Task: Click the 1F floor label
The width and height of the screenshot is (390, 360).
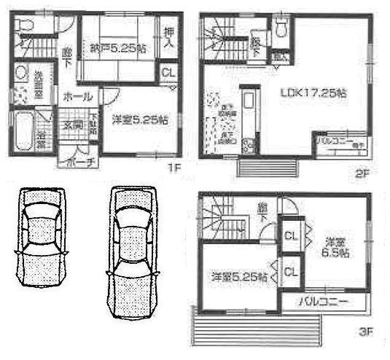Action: pyautogui.click(x=172, y=167)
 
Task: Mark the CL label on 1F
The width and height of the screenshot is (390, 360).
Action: pyautogui.click(x=168, y=74)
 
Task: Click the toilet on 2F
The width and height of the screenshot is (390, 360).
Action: pyautogui.click(x=282, y=28)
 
